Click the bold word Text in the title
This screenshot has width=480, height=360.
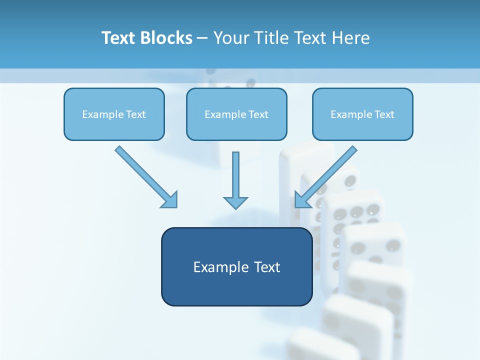coord(119,38)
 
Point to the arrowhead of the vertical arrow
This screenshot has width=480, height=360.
coord(235,202)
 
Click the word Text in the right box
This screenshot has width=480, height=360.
coord(385,114)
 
